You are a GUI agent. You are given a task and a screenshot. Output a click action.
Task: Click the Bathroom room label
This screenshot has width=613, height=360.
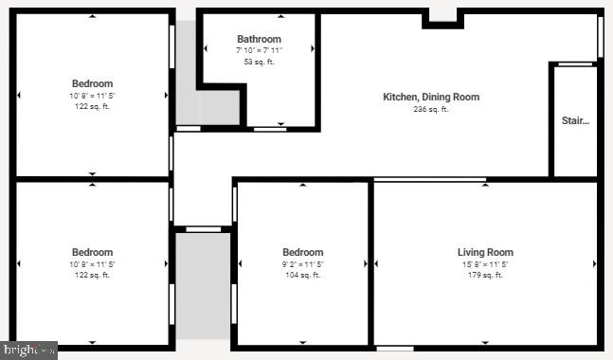[259, 39]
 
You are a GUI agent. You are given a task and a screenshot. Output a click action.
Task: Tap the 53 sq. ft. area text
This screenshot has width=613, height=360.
[259, 62]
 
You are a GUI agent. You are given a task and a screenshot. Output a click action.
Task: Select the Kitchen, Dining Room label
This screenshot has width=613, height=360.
[431, 97]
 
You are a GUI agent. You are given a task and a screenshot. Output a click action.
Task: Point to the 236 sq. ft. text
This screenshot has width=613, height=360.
[431, 109]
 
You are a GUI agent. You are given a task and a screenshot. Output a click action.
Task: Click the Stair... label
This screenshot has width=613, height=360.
[575, 120]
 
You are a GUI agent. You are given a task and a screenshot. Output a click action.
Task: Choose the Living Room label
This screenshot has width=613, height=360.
[485, 252]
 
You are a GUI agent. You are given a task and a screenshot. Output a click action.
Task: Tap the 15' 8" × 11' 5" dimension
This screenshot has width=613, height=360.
[485, 264]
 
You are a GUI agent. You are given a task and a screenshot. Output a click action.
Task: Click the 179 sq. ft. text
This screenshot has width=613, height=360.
[485, 276]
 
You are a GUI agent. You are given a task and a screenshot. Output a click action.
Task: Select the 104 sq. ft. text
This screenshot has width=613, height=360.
[303, 276]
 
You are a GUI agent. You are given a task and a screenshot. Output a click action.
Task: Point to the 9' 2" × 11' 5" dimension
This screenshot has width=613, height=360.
[303, 264]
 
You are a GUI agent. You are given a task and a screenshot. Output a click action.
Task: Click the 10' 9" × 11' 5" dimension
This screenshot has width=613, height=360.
[92, 96]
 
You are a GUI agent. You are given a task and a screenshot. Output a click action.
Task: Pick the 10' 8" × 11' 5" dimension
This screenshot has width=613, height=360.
[92, 264]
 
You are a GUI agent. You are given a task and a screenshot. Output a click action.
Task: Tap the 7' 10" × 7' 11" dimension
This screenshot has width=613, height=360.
[259, 50]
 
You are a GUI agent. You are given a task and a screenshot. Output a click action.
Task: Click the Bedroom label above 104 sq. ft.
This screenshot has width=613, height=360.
[303, 252]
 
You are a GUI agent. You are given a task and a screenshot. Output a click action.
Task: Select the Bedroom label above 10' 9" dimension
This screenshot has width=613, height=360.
[92, 83]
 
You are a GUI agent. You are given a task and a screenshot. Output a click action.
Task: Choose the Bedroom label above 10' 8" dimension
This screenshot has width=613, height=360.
[92, 252]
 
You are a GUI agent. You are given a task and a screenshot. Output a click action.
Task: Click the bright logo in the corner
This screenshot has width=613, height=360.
[28, 351]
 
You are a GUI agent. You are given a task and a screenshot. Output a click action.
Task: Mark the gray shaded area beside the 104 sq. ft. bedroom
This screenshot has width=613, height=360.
[203, 284]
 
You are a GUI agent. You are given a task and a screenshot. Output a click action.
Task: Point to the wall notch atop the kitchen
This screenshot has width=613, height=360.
[442, 16]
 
